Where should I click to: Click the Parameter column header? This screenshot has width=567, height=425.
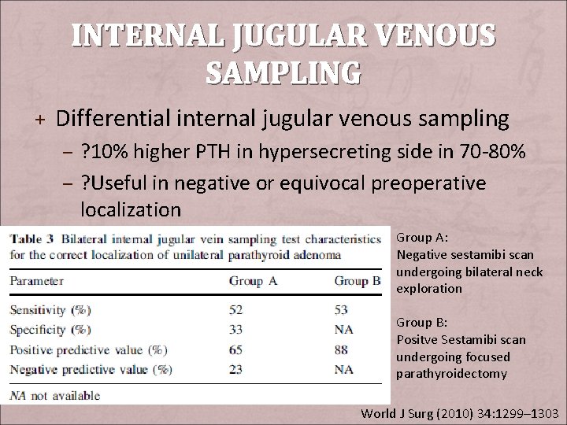(37, 281)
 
